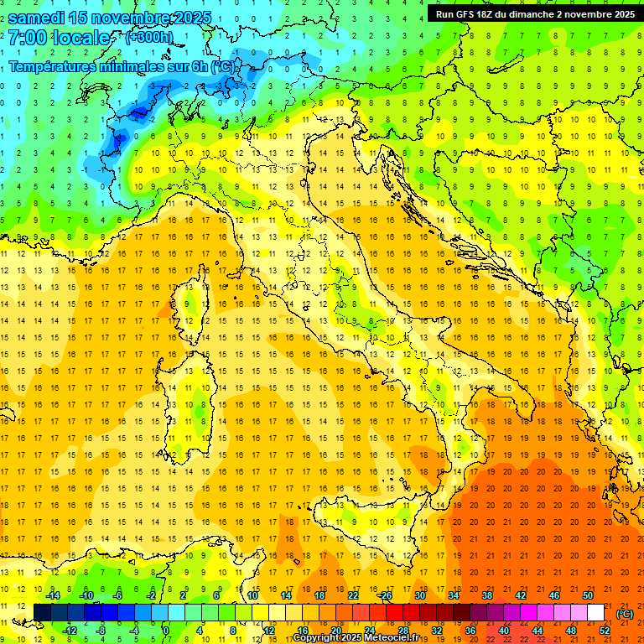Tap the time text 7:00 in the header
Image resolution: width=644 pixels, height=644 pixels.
[x=27, y=39]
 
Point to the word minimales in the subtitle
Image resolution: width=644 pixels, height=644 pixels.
[x=134, y=66]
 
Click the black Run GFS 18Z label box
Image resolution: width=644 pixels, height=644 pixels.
[x=535, y=14]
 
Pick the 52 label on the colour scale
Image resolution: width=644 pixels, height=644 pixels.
[x=604, y=631]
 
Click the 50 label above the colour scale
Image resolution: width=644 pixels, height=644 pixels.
[x=587, y=595]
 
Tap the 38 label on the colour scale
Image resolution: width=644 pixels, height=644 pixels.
[x=486, y=595]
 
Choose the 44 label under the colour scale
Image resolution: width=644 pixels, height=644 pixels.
[x=537, y=631]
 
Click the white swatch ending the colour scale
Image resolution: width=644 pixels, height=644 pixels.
[x=595, y=612]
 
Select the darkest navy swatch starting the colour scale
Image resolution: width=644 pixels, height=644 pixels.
[x=42, y=612]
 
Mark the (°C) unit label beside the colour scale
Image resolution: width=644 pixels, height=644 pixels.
[x=625, y=614]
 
